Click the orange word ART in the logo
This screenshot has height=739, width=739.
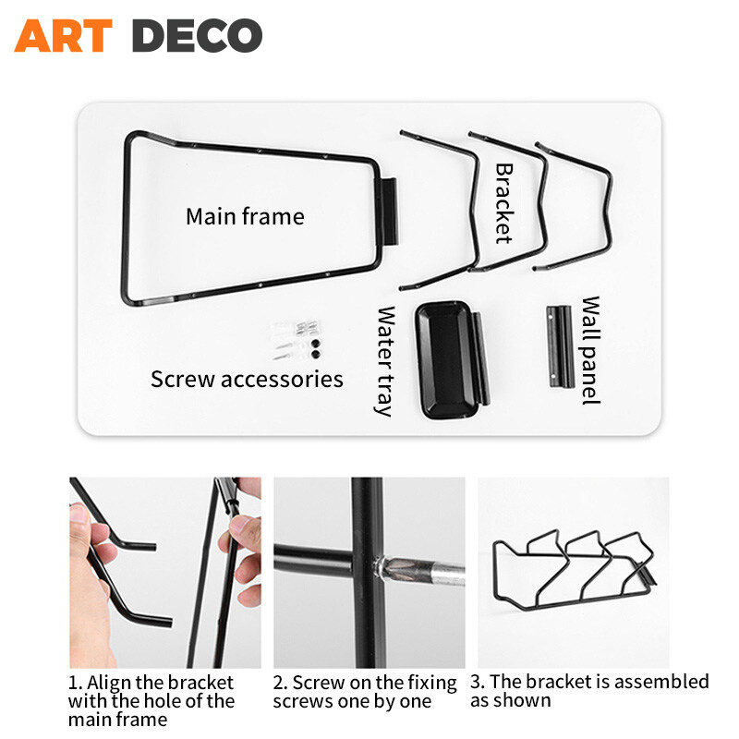click(63, 35)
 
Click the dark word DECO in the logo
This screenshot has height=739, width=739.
click(197, 35)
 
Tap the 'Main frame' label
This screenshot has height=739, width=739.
click(245, 217)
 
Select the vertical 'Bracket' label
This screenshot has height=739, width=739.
click(503, 203)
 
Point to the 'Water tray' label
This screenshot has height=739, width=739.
click(386, 361)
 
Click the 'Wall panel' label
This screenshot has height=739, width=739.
click(590, 350)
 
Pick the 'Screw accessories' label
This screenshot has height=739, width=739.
click(247, 380)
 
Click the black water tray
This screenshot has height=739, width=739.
click(452, 360)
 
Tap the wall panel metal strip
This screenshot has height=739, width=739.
click(560, 346)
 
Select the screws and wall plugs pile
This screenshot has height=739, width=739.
click(296, 339)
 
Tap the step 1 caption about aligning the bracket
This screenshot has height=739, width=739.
click(151, 701)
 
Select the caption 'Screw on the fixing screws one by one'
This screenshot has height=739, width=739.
click(364, 692)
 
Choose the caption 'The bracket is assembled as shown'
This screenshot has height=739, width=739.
click(589, 691)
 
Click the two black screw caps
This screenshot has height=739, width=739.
click(315, 348)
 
